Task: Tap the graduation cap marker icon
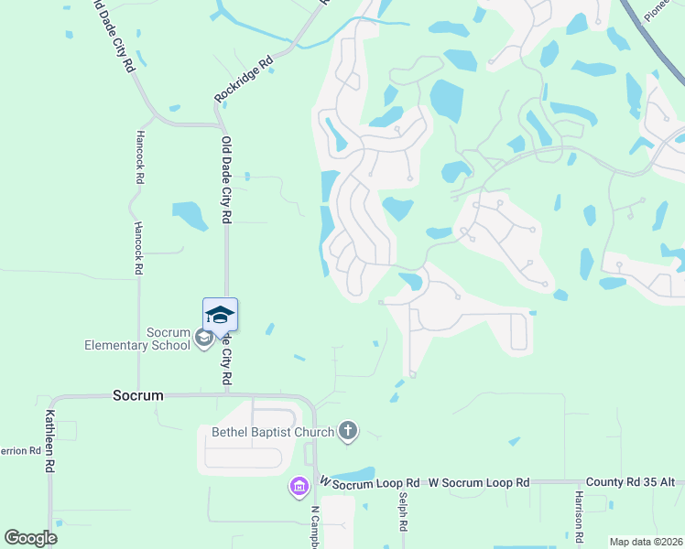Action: (x=220, y=316)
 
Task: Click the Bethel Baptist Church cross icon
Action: (x=347, y=430)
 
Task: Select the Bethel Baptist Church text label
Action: (x=272, y=432)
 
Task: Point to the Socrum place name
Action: (x=137, y=396)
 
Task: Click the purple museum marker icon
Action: (x=299, y=488)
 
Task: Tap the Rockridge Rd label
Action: (x=244, y=80)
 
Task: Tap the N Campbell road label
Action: (x=314, y=526)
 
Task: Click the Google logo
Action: (x=31, y=537)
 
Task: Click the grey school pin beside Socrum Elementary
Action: (x=203, y=338)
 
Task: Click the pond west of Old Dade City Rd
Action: (x=190, y=215)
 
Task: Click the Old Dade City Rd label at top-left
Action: (x=114, y=35)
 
